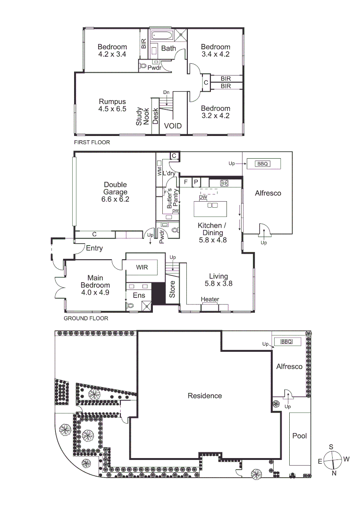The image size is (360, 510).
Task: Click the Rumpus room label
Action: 112,105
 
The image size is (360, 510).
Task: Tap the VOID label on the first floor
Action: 172,127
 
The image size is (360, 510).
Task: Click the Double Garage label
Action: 115,192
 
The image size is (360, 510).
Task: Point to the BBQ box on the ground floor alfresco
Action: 262,164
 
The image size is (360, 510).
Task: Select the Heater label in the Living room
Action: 209,299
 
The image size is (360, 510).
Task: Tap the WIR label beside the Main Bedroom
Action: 142,267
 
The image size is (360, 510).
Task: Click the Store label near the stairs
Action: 172,289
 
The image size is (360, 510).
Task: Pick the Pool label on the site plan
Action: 300,435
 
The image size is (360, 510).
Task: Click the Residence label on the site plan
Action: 205,396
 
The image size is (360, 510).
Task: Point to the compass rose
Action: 332,459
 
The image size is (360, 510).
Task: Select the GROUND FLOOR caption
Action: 86,318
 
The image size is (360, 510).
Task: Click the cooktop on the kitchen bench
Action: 224,183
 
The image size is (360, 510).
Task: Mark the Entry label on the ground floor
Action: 94,248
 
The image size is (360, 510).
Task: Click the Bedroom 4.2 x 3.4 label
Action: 112,51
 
